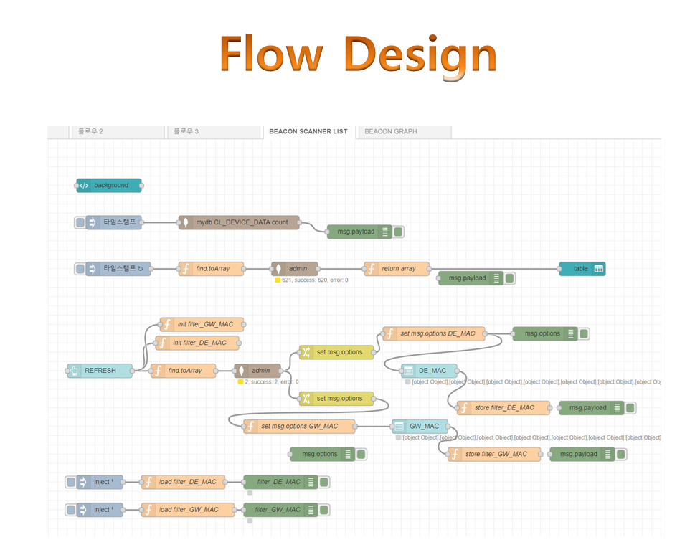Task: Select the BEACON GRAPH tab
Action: point(391,132)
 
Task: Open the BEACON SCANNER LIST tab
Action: point(308,132)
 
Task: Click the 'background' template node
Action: point(109,186)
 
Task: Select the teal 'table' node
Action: point(582,269)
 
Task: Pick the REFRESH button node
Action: point(100,371)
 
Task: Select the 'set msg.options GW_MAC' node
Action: point(299,427)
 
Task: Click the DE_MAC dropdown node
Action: point(428,371)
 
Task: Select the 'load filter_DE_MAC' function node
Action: point(183,482)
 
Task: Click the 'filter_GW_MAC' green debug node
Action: point(280,510)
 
